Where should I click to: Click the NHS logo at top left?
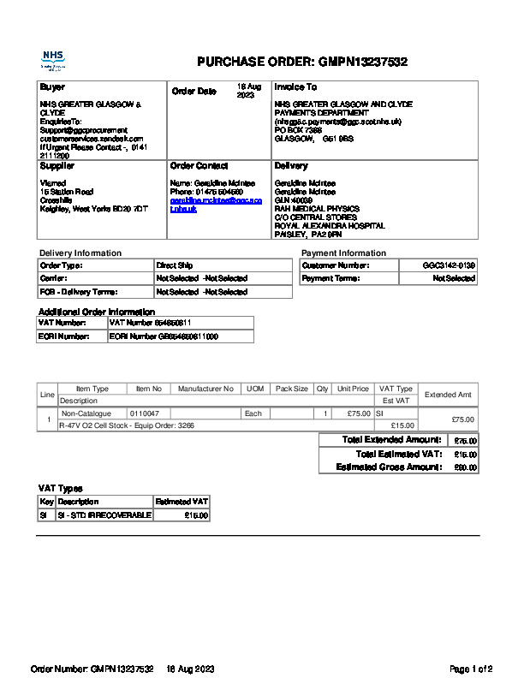tap(53, 59)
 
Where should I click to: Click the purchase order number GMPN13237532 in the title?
tap(362, 62)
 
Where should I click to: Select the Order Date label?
tap(194, 91)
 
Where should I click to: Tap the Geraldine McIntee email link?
tap(204, 204)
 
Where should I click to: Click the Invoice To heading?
tap(295, 87)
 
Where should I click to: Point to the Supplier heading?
tap(57, 165)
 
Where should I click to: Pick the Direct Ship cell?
tap(175, 265)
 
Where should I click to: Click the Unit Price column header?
tap(353, 389)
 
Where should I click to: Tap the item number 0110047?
tap(145, 413)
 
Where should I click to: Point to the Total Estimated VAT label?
tap(399, 454)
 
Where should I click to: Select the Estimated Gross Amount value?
tap(465, 467)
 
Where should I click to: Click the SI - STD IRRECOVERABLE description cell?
tap(104, 515)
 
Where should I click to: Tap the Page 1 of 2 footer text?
tap(471, 668)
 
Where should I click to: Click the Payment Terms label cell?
tap(330, 278)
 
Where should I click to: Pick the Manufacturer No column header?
tap(205, 389)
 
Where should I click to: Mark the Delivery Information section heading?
tap(80, 253)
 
